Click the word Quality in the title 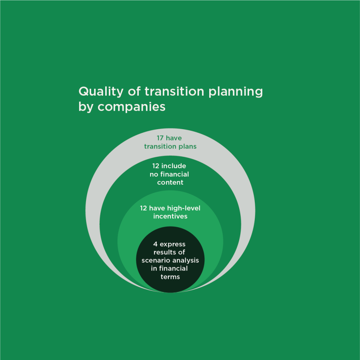(101, 92)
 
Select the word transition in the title (174, 91)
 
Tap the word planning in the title (236, 92)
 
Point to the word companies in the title (131, 107)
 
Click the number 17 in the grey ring (160, 138)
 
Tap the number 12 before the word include (156, 166)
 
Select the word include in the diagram (174, 166)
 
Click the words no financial (169, 174)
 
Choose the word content (170, 182)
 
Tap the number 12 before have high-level (143, 208)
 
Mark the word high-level (184, 208)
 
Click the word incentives (170, 216)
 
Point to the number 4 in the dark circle (156, 244)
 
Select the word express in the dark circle (173, 244)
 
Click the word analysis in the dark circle (186, 261)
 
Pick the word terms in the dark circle (170, 277)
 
